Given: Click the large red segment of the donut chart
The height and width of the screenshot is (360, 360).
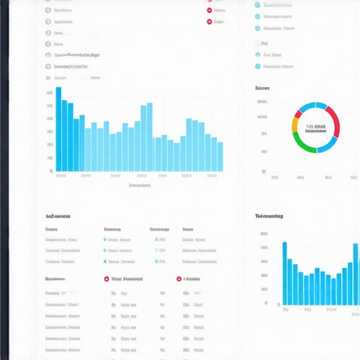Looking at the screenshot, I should (x=335, y=121).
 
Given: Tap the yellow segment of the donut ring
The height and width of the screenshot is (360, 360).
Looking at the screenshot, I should (x=295, y=125).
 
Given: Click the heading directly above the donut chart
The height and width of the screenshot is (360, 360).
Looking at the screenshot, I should (x=262, y=89).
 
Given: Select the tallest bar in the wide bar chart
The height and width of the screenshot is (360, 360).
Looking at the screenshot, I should (x=58, y=129).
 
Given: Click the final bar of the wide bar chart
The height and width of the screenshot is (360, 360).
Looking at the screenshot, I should (x=220, y=156).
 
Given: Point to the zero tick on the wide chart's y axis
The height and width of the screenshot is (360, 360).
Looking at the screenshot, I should (x=50, y=171).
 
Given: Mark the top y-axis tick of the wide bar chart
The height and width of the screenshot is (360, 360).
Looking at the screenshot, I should (x=49, y=93).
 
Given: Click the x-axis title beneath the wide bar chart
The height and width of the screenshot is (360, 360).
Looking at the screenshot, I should (x=140, y=186).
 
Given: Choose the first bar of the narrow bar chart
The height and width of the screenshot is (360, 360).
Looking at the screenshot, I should (x=285, y=274).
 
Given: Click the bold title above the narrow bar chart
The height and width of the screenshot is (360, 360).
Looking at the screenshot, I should (x=269, y=217).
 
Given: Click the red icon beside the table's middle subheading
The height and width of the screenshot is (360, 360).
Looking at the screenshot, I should (x=106, y=278).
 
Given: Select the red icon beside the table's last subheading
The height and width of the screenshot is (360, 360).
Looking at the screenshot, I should (x=179, y=278).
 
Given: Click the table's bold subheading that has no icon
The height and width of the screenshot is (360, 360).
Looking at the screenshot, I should (x=55, y=278).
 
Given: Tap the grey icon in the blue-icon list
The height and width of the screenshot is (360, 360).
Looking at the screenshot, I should (x=257, y=42).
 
